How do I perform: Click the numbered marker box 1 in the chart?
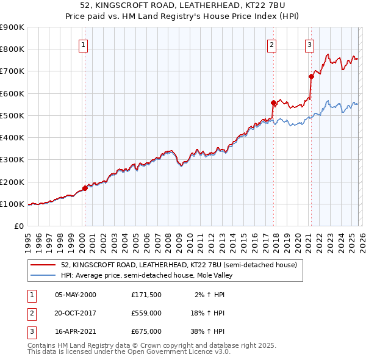tap(82, 44)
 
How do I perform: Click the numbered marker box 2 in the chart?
tap(271, 44)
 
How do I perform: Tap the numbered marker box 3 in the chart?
tap(309, 44)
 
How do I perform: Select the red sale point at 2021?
tap(311, 76)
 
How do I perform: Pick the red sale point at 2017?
tap(273, 103)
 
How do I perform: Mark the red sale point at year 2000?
tap(85, 188)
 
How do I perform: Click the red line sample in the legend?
tap(44, 265)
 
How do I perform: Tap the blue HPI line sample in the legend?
tap(44, 275)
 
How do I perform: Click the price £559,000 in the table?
tap(146, 313)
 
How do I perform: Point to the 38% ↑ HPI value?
tap(207, 331)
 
